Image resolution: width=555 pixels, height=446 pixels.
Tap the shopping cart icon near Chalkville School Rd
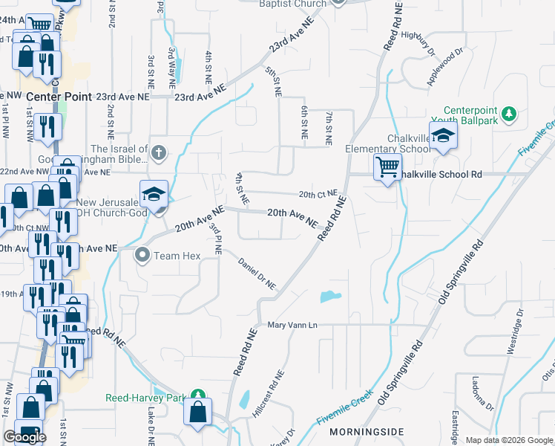387,167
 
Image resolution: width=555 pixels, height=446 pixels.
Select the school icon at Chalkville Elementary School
443,136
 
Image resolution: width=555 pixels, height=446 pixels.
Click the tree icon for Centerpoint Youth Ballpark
508,114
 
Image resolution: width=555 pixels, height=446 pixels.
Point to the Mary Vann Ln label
292,325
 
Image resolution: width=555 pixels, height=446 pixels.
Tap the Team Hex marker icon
142,256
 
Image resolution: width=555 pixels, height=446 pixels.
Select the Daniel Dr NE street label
257,274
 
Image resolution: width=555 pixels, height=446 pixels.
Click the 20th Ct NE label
318,194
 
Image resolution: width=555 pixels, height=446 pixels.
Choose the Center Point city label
59,97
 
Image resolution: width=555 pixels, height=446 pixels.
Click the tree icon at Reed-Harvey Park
197,397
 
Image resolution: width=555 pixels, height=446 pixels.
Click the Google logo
24,438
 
